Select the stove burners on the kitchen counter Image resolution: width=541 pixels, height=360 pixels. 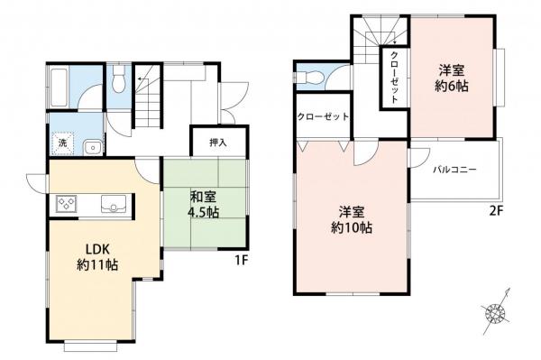pos(68,203)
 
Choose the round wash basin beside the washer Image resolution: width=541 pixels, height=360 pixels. pos(91,147)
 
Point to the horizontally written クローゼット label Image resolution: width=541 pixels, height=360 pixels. pos(323,117)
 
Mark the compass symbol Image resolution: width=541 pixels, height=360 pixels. pos(497,310)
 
